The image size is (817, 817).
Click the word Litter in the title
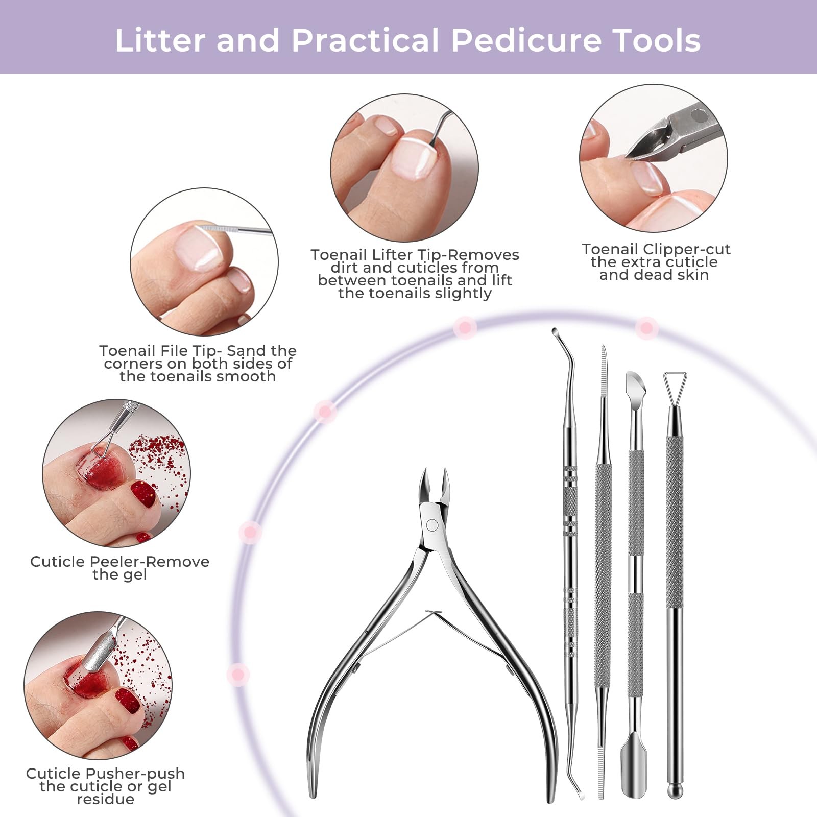pyautogui.click(x=159, y=40)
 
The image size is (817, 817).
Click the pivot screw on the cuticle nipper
pyautogui.click(x=432, y=525)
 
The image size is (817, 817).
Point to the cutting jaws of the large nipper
pyautogui.click(x=434, y=485)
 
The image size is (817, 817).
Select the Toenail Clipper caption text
pyautogui.click(x=656, y=262)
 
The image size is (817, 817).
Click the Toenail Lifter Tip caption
pyautogui.click(x=415, y=274)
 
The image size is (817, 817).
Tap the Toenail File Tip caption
pyautogui.click(x=198, y=364)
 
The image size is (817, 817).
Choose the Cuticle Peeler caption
pyautogui.click(x=119, y=568)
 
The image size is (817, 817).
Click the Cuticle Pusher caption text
pyautogui.click(x=105, y=786)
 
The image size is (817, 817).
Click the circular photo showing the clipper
pyautogui.click(x=654, y=158)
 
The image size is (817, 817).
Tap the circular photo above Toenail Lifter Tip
pyautogui.click(x=404, y=167)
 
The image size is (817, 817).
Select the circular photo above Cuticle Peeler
pyautogui.click(x=116, y=473)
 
